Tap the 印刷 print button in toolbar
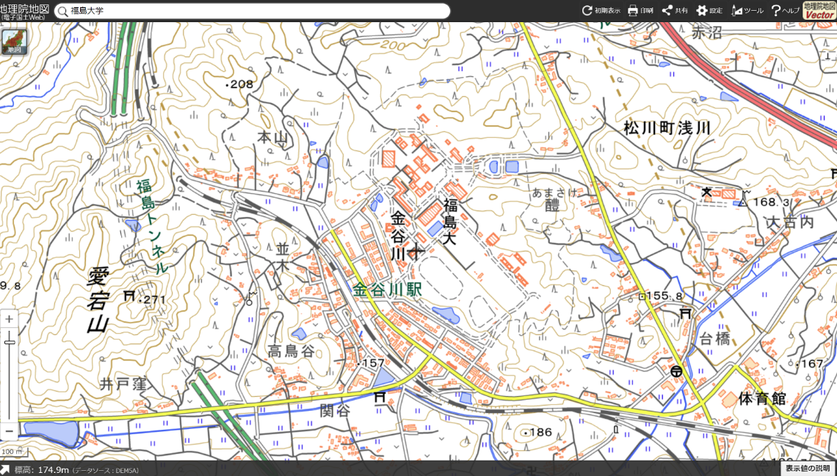[640, 10]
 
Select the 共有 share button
[675, 10]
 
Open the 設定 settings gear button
[709, 10]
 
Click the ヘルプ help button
[785, 10]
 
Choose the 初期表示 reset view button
[601, 10]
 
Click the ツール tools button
[747, 10]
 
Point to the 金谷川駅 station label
[387, 290]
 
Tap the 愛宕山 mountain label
[98, 301]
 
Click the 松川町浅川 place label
[667, 128]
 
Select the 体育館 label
[762, 399]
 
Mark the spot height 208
[240, 84]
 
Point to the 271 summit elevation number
[155, 299]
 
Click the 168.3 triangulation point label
[772, 202]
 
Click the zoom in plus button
[9, 320]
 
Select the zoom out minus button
[9, 431]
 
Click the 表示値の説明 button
[808, 468]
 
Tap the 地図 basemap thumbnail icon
[13, 42]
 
